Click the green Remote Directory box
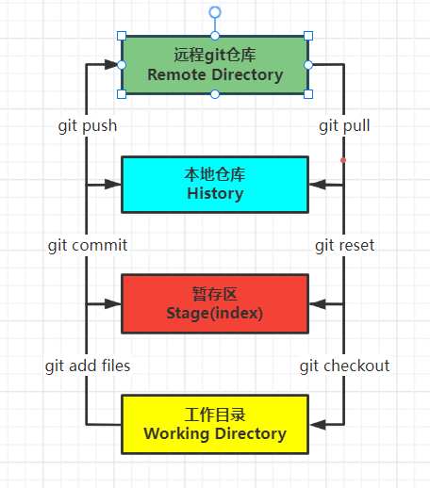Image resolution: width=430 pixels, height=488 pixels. pyautogui.click(x=215, y=65)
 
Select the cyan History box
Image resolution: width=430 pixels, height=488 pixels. pyautogui.click(x=215, y=185)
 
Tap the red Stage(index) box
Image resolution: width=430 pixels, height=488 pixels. pyautogui.click(x=215, y=303)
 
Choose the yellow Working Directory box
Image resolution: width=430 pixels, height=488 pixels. pyautogui.click(x=215, y=424)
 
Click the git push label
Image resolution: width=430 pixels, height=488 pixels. pyautogui.click(x=88, y=126)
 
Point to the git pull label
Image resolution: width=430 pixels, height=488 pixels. pyautogui.click(x=344, y=126)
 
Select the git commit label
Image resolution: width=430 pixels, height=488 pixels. pyautogui.click(x=88, y=245)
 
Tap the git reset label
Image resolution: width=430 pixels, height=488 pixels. pyautogui.click(x=344, y=245)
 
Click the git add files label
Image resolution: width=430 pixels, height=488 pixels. pyautogui.click(x=88, y=366)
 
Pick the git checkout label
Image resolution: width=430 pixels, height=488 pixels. pyautogui.click(x=344, y=366)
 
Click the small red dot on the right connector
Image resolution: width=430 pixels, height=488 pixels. pyautogui.click(x=343, y=160)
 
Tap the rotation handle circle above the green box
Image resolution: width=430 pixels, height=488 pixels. pyautogui.click(x=215, y=12)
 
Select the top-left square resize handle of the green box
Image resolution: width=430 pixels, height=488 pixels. pyautogui.click(x=122, y=36)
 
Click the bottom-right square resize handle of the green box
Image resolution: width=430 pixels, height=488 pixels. pyautogui.click(x=308, y=94)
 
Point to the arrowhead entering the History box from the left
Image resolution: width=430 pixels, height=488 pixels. pyautogui.click(x=113, y=185)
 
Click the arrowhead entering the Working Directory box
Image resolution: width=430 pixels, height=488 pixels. pyautogui.click(x=318, y=425)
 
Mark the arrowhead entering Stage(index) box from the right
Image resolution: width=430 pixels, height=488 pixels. pyautogui.click(x=318, y=304)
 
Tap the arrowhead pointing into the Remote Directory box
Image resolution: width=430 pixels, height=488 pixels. pyautogui.click(x=112, y=65)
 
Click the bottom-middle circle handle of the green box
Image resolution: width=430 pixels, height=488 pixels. pyautogui.click(x=215, y=94)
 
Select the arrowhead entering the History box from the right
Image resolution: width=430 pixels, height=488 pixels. pyautogui.click(x=318, y=185)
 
